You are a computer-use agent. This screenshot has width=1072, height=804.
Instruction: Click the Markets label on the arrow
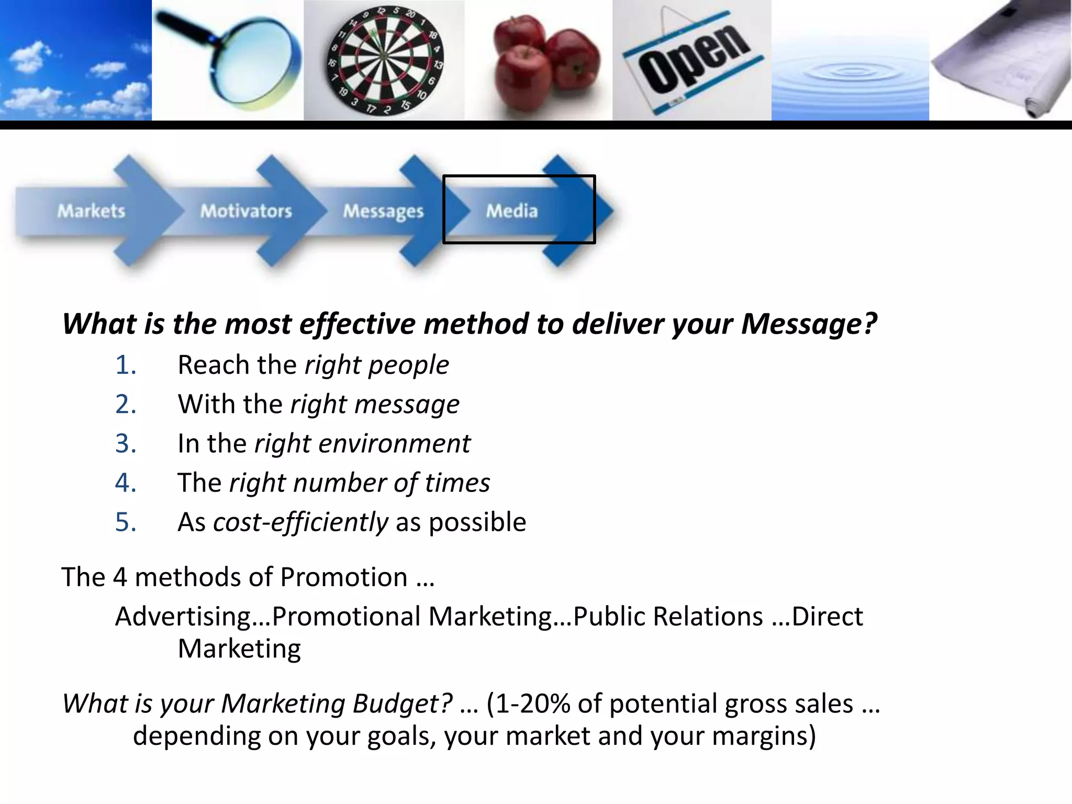pos(91,211)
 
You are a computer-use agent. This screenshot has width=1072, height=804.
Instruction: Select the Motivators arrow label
pos(246,211)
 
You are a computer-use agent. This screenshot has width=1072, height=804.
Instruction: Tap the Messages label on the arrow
pos(383,211)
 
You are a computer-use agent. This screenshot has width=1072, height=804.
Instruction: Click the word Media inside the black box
pos(511,211)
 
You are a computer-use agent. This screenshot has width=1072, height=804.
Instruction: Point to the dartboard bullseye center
pos(384,56)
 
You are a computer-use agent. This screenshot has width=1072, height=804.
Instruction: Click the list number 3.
pos(126,443)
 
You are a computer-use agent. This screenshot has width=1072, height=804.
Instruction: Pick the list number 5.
pos(126,522)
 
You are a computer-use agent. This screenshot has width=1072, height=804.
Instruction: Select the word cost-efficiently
pos(300,522)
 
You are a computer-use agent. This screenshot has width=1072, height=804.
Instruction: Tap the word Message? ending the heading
pos(809,323)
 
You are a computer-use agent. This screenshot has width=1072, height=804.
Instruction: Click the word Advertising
pos(183,616)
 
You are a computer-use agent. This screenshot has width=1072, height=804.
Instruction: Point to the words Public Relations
pos(668,616)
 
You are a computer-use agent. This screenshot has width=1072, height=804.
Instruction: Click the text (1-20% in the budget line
pos(528,703)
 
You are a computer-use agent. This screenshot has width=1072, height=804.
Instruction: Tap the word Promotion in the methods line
pos(343,577)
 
